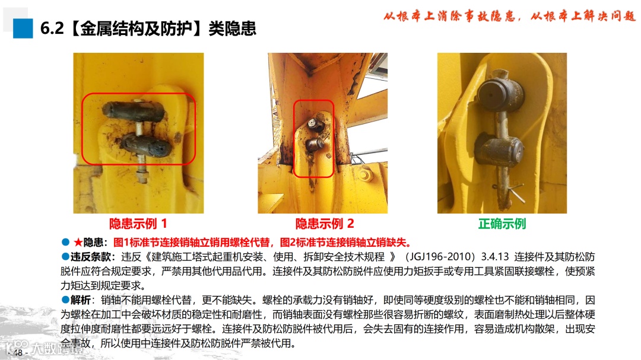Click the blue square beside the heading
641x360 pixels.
[x=23, y=28]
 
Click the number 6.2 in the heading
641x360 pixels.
[x=52, y=28]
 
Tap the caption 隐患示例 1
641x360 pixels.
[x=138, y=224]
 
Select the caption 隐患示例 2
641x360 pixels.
[x=325, y=224]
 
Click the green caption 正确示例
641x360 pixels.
[x=502, y=224]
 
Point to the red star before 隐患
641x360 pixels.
[x=78, y=243]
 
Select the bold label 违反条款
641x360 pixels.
[x=90, y=257]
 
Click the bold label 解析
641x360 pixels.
[x=81, y=300]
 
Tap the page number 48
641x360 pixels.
[x=18, y=352]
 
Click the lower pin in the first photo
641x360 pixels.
[x=147, y=145]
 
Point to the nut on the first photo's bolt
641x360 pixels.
[x=142, y=178]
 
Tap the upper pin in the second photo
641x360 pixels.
[x=315, y=124]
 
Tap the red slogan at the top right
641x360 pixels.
[x=509, y=16]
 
